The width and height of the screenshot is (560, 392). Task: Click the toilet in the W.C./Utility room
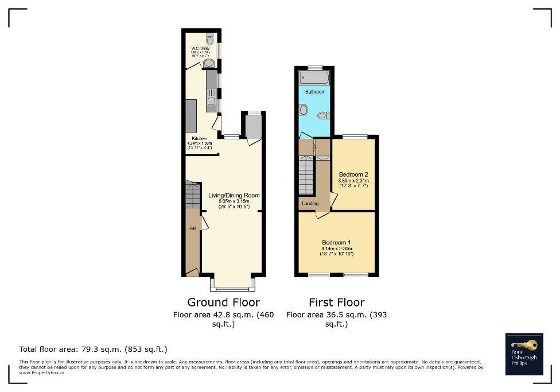[x=209, y=40]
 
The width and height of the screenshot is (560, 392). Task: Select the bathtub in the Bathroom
[x=314, y=78]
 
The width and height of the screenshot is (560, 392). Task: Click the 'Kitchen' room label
[x=199, y=139]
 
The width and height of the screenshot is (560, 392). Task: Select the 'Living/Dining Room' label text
[x=234, y=195]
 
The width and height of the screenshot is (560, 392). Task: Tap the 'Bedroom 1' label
[x=337, y=242]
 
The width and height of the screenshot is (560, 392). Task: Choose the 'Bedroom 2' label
[x=353, y=174]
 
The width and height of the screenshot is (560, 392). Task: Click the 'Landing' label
[x=310, y=203]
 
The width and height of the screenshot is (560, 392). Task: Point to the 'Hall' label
[x=192, y=228]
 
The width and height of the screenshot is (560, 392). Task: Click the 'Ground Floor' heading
[x=223, y=302]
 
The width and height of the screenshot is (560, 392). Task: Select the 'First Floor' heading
[x=336, y=302]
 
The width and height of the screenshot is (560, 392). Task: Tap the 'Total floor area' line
[x=93, y=349]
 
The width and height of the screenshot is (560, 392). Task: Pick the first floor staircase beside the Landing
[x=306, y=176]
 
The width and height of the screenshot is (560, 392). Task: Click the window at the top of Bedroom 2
[x=354, y=137]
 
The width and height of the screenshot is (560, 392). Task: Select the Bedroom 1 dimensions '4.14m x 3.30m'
[x=337, y=249]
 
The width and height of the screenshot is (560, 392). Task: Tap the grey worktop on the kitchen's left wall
[x=190, y=115]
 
